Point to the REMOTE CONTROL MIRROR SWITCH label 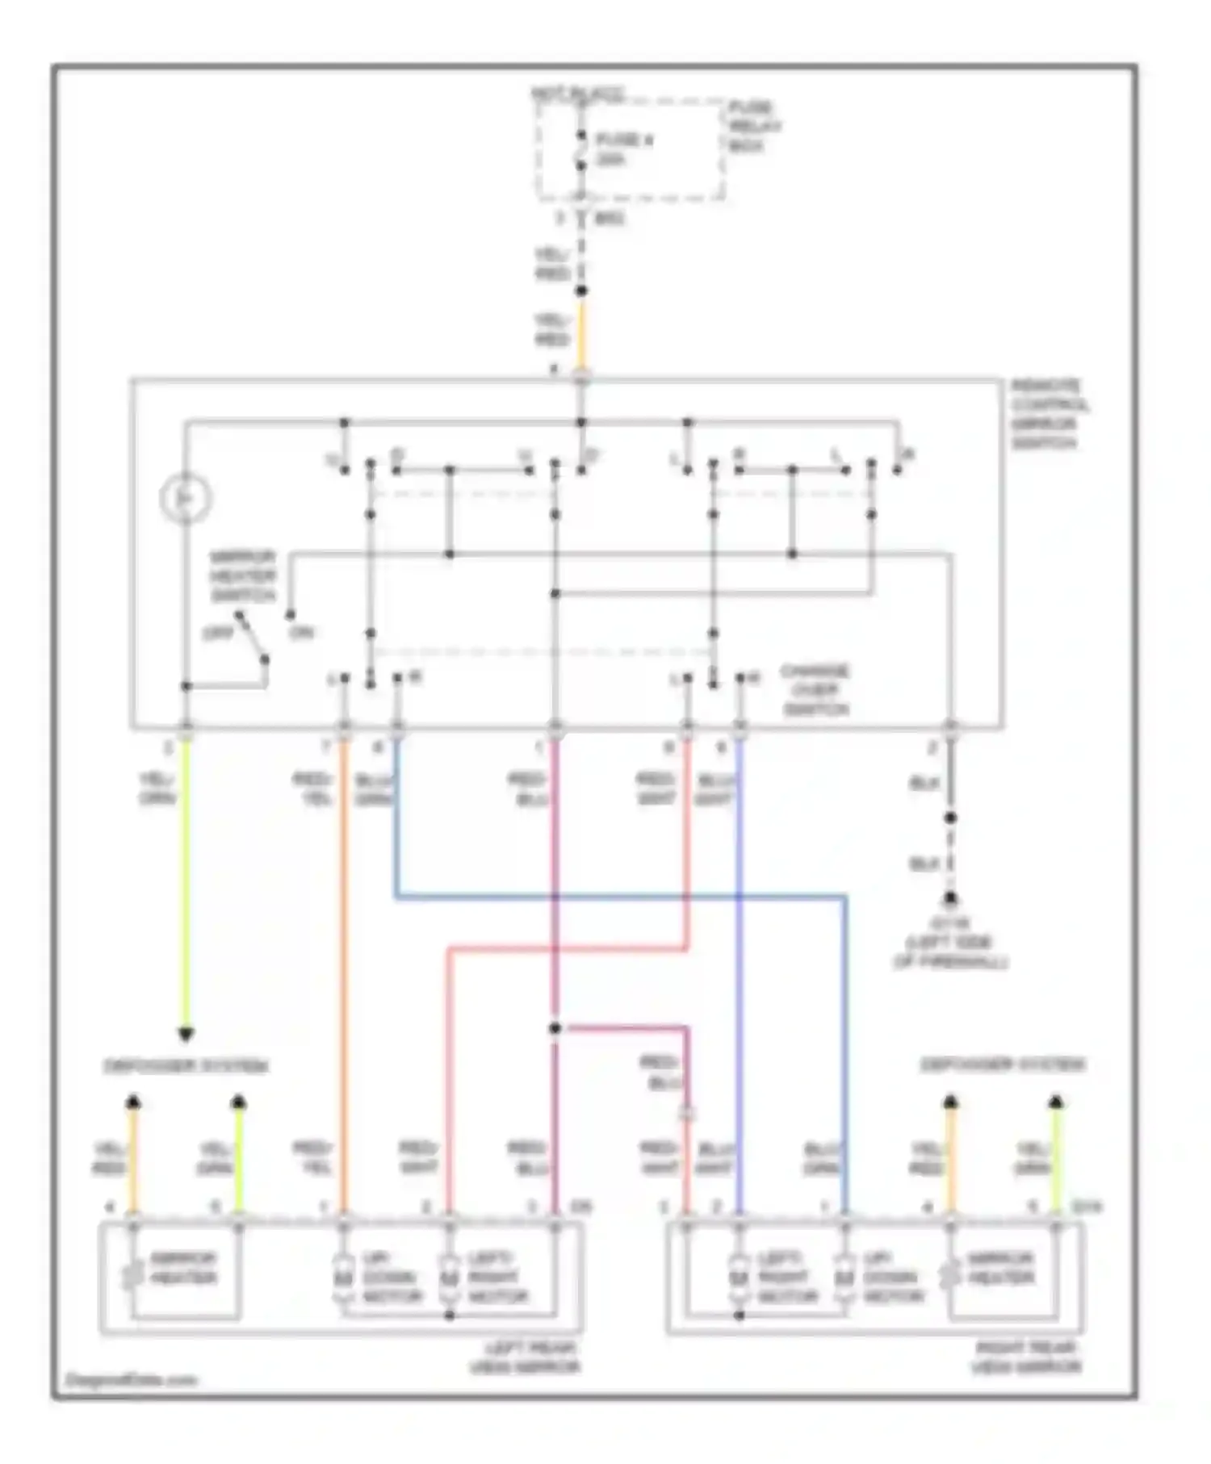pyautogui.click(x=1049, y=415)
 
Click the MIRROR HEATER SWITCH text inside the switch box pyautogui.click(x=242, y=576)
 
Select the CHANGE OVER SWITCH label pyautogui.click(x=815, y=690)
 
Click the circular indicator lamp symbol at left pyautogui.click(x=186, y=498)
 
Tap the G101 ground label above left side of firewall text pyautogui.click(x=952, y=922)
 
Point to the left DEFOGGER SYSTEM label pyautogui.click(x=185, y=1066)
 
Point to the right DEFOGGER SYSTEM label pyautogui.click(x=1003, y=1065)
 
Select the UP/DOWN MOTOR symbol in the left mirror pyautogui.click(x=342, y=1279)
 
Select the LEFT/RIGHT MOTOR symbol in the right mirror pyautogui.click(x=738, y=1279)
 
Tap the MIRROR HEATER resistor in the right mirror pyautogui.click(x=950, y=1276)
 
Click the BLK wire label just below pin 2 pyautogui.click(x=924, y=783)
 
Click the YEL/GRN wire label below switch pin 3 pyautogui.click(x=157, y=789)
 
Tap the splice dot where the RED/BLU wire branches pyautogui.click(x=555, y=1028)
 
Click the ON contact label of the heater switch pyautogui.click(x=303, y=633)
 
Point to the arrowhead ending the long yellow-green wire pyautogui.click(x=186, y=1033)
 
